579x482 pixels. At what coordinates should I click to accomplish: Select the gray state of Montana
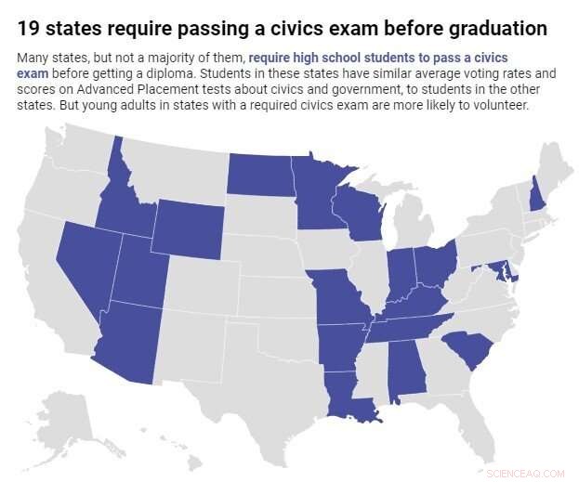tap(177, 167)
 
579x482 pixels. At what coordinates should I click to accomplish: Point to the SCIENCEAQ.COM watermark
tap(525, 473)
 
